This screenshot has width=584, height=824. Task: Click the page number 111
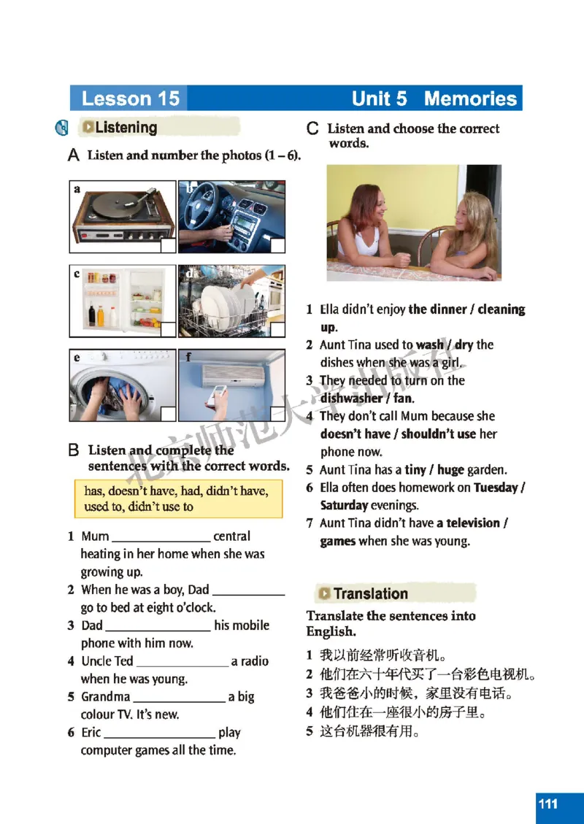tap(548, 804)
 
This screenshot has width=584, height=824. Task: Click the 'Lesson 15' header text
tap(130, 99)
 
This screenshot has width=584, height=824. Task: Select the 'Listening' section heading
tap(126, 128)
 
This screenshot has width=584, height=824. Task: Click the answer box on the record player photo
tap(168, 245)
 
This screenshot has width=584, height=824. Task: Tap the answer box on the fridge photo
tap(168, 329)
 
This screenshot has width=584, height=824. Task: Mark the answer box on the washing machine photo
tap(168, 413)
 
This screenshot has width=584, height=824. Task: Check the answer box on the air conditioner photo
tap(277, 413)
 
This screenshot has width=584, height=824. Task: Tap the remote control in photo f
tap(218, 397)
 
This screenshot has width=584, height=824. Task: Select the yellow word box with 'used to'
tap(178, 499)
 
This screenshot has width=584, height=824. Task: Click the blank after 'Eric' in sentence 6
tap(159, 734)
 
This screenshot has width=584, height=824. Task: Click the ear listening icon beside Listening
tap(63, 128)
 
